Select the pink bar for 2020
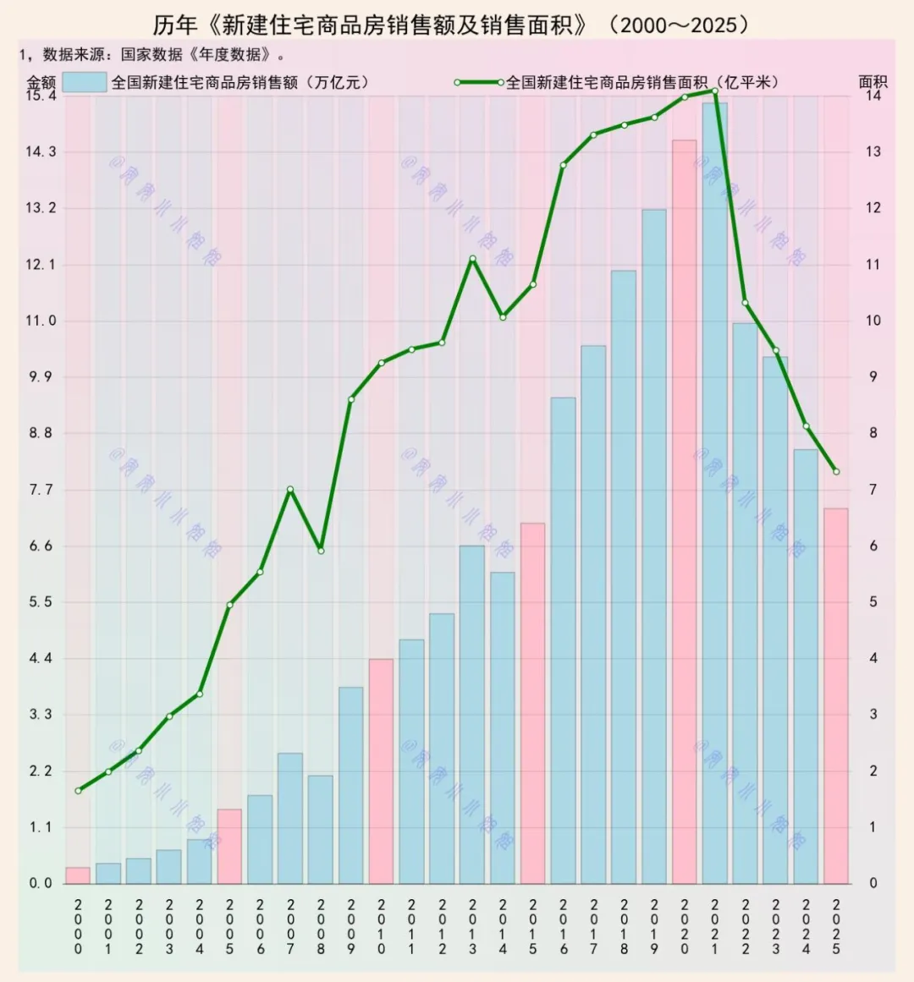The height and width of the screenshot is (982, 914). click(x=685, y=512)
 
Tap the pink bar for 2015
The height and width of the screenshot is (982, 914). click(x=533, y=703)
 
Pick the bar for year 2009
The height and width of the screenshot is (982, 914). click(x=351, y=785)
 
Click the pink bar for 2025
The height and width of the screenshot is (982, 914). click(x=836, y=695)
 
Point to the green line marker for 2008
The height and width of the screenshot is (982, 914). click(x=321, y=551)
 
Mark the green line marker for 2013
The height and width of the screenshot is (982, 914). click(x=472, y=259)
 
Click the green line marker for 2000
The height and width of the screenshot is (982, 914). click(x=78, y=791)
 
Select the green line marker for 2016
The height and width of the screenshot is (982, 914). click(x=563, y=165)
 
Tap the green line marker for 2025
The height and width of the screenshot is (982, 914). click(x=836, y=472)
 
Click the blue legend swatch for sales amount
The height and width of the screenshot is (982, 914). click(x=85, y=82)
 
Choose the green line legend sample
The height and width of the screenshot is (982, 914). click(x=479, y=83)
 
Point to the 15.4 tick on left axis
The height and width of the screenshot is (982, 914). click(x=41, y=96)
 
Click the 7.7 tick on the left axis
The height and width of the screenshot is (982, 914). click(x=41, y=490)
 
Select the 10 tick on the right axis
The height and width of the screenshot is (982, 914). click(x=873, y=321)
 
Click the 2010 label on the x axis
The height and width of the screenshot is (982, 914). click(x=382, y=926)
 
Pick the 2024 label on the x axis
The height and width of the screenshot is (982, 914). click(x=806, y=926)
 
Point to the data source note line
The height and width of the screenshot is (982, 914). click(x=152, y=55)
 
